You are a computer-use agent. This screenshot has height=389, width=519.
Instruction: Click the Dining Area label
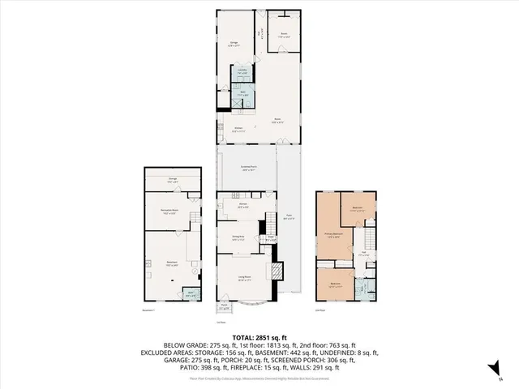point(238,238)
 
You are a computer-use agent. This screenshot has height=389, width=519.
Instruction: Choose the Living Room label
point(242,278)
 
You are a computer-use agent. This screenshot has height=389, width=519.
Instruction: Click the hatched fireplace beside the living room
point(277,270)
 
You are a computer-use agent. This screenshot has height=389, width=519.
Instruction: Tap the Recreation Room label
point(169,212)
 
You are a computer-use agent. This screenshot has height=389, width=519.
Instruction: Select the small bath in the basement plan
point(191,295)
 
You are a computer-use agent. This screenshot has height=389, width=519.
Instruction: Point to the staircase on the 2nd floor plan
point(369,237)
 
